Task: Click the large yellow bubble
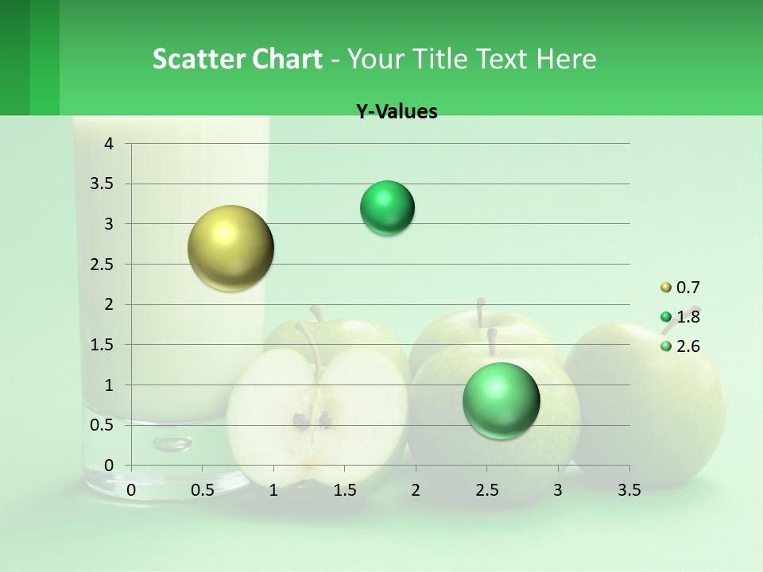point(230,248)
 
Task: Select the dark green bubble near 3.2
point(387,208)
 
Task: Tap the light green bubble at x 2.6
point(501,400)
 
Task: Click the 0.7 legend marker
point(666,288)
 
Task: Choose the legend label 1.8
point(687,317)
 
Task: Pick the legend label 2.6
point(687,346)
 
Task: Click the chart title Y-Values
point(396,112)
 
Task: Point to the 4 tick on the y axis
point(110,144)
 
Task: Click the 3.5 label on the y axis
point(103,184)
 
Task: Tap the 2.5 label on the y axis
point(103,265)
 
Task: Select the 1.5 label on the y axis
point(103,345)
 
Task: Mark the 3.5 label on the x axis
point(629,490)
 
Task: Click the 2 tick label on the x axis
point(416,490)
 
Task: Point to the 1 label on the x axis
point(273,490)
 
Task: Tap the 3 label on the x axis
point(558,490)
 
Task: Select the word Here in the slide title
point(565,59)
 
